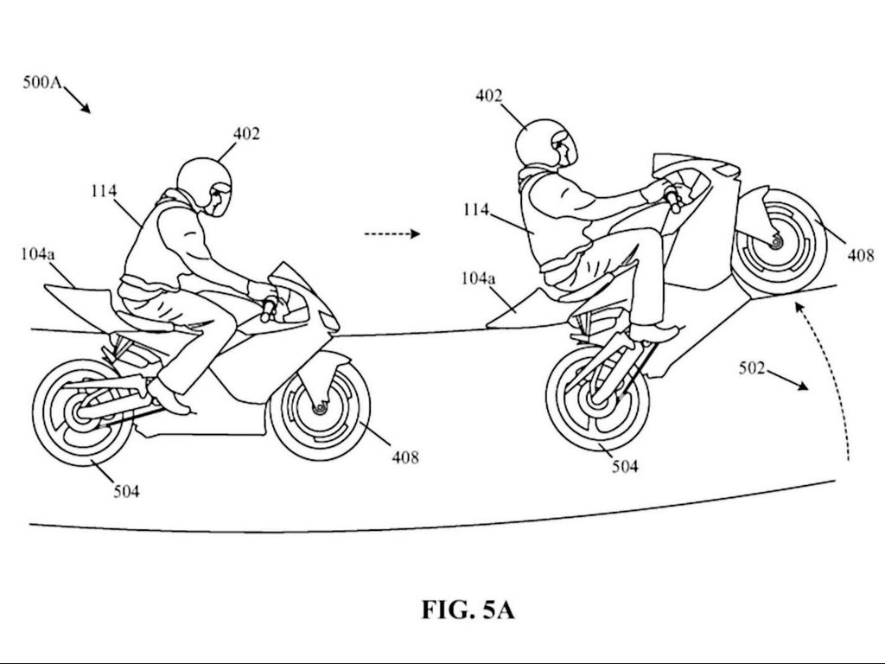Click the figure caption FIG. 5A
[468, 610]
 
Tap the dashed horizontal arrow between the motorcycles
[392, 233]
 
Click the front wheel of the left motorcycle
[320, 406]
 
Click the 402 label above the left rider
[245, 133]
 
